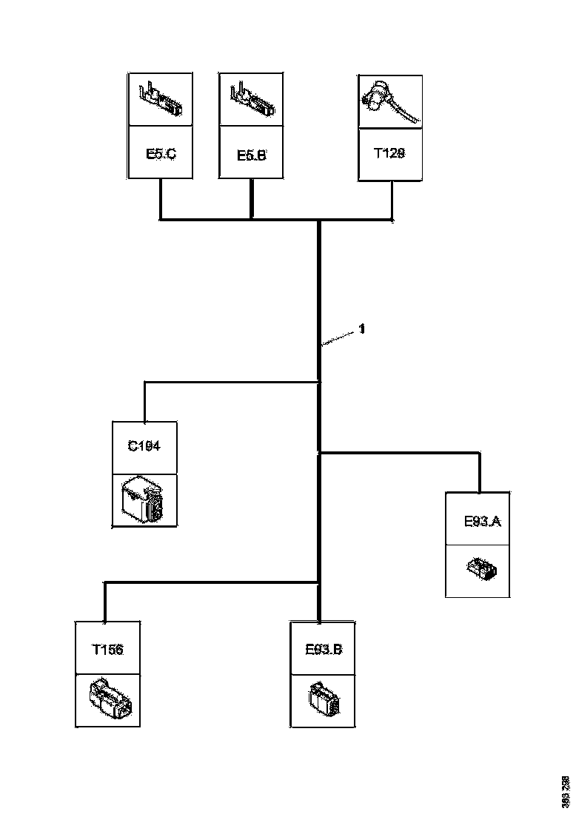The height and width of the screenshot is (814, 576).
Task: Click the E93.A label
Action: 483,522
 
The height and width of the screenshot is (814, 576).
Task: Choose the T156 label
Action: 107,650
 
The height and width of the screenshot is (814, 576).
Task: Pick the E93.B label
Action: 324,650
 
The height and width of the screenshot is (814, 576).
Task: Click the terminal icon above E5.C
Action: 161,99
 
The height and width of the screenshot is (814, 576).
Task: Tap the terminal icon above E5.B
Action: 251,99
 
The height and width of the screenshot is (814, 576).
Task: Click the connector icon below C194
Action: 144,501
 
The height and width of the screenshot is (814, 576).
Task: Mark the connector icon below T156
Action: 109,699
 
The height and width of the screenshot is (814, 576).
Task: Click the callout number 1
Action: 362,330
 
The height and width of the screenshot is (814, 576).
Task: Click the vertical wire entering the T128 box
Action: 392,200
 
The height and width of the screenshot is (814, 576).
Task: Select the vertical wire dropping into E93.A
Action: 480,472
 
